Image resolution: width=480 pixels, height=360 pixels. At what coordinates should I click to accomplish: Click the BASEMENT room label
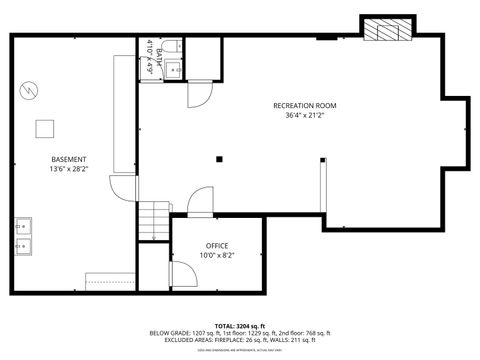tap(69, 159)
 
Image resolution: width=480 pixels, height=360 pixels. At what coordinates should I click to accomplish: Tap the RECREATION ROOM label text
tap(305, 105)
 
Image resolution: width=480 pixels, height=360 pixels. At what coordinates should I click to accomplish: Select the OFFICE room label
tap(218, 245)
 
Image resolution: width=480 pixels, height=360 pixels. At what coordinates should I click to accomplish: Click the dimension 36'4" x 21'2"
tap(305, 115)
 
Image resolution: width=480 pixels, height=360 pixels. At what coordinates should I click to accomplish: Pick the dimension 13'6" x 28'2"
tap(69, 169)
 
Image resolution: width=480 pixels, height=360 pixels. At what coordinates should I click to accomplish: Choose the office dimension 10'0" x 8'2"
tap(218, 255)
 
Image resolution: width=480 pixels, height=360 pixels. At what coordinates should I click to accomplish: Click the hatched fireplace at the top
tap(386, 31)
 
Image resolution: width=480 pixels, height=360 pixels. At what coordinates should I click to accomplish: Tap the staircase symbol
tap(152, 217)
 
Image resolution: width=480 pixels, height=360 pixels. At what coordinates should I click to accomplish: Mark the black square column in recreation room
tap(218, 158)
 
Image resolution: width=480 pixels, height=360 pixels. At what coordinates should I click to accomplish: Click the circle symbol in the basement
tap(30, 90)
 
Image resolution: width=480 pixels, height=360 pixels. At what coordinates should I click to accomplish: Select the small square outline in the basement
tap(45, 127)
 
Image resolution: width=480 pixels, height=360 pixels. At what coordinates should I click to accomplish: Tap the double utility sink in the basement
tap(22, 234)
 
